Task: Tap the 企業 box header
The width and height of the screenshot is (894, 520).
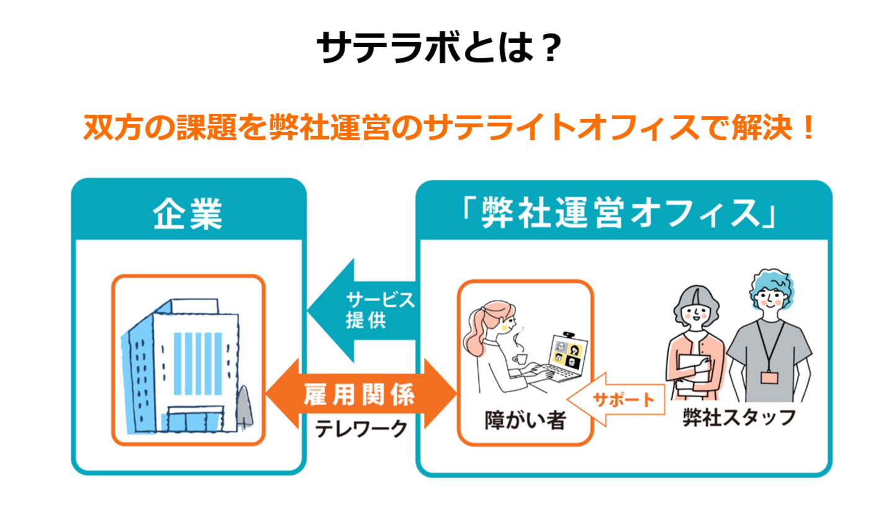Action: coord(188,215)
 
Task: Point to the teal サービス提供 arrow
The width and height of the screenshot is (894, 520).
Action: coord(363,310)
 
